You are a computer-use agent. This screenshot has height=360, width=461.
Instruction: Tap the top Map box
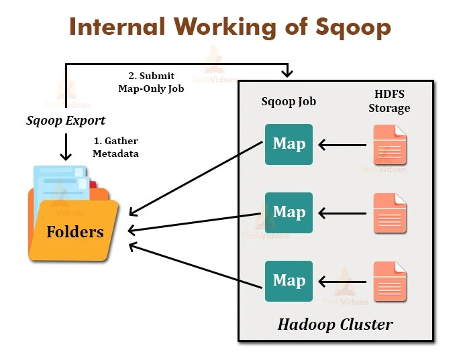[289, 144]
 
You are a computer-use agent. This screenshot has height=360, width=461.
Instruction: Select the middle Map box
[289, 213]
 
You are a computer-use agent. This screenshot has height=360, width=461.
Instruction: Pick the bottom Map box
[289, 281]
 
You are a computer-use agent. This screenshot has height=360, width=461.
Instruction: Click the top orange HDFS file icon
[390, 145]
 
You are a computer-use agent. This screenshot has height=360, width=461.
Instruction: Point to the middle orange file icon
[390, 213]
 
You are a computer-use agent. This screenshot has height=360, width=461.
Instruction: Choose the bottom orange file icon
[390, 282]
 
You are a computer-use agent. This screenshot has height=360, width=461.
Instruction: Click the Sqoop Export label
[66, 121]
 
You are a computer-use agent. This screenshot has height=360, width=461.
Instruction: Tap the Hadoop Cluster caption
[335, 325]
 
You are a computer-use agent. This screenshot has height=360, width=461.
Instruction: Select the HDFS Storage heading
[389, 101]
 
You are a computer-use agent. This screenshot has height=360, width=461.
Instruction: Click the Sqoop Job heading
[289, 102]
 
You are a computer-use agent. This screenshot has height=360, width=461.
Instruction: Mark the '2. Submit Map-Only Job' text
[151, 82]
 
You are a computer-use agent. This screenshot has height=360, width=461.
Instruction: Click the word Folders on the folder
[75, 232]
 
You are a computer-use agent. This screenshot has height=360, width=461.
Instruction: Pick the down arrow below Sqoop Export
[66, 146]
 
